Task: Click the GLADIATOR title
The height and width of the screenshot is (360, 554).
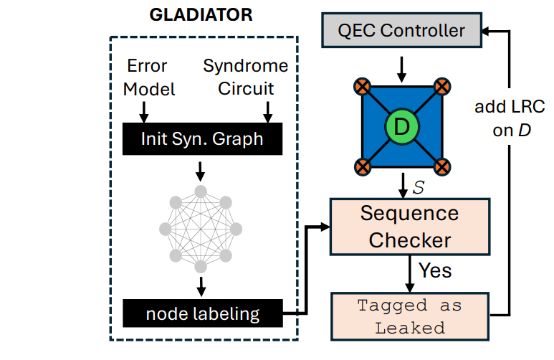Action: point(200,15)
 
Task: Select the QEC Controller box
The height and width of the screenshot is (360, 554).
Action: point(401,31)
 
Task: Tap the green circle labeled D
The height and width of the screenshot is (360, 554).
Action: point(401,127)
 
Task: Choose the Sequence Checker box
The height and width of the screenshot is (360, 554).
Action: point(409,227)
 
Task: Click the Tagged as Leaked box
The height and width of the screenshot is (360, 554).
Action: point(409,316)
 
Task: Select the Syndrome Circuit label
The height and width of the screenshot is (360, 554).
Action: point(246,77)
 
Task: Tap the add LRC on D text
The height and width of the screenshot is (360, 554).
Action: point(510,120)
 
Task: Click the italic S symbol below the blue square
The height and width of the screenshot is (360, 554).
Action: point(419,186)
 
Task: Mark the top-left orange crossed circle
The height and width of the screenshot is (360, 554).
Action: point(361,87)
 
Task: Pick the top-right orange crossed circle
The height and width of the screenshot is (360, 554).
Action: point(442,87)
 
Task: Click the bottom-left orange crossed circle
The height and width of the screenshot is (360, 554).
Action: point(361,168)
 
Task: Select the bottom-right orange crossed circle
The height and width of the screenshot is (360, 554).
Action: point(442,168)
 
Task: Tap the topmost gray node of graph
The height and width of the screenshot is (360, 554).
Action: point(201,191)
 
